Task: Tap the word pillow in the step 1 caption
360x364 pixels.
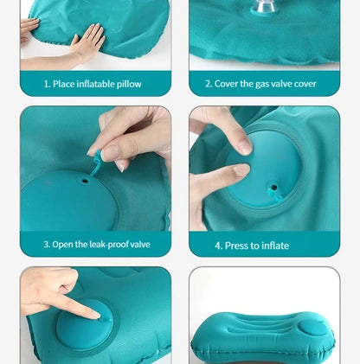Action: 126,84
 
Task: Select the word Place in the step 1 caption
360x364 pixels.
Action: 66,84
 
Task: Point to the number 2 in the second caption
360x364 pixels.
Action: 208,84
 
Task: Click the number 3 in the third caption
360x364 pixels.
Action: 46,245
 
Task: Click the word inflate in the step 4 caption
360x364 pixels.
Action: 273,246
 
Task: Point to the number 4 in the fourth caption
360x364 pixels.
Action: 218,246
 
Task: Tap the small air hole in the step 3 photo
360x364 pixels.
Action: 85,181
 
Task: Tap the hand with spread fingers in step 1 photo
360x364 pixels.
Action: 87,40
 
